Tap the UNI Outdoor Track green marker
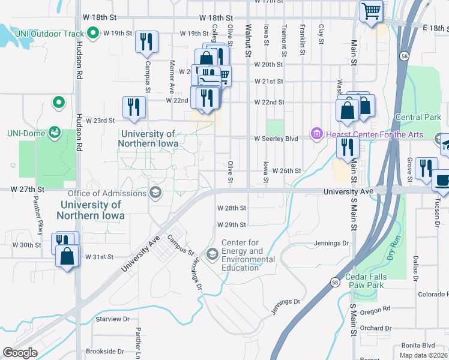[x=93, y=33]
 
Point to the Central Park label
[x=414, y=117]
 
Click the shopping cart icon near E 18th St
[x=371, y=11]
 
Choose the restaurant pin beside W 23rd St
[x=134, y=107]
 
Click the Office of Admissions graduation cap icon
[x=155, y=193]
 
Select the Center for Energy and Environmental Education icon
[x=212, y=254]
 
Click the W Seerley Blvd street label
[x=276, y=138]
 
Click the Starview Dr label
[x=109, y=319]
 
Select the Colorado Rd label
[x=433, y=294]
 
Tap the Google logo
[x=20, y=353]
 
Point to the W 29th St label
[x=231, y=224]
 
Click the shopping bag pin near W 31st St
[x=67, y=256]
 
